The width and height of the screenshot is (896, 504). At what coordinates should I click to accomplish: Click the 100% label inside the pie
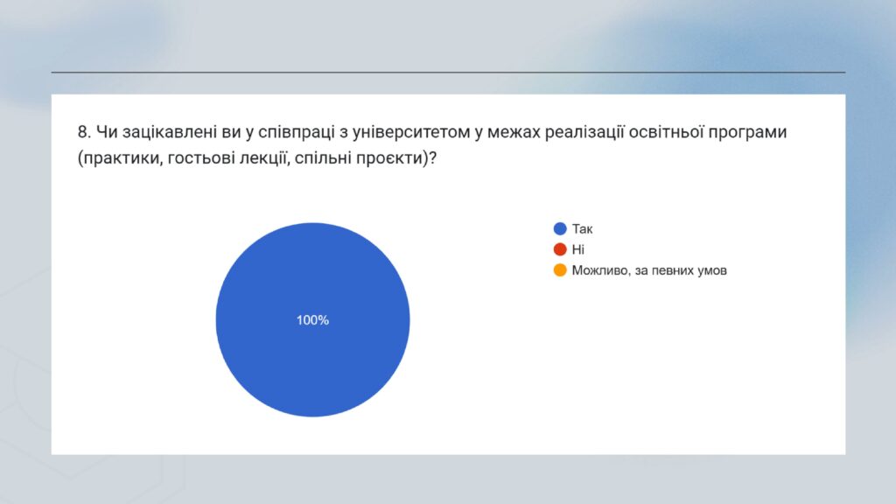click(x=312, y=320)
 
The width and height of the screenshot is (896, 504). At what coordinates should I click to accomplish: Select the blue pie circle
click(x=312, y=319)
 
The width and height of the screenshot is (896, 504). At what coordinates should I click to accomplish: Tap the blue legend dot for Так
click(x=560, y=228)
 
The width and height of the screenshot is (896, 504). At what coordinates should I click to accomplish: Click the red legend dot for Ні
click(x=560, y=249)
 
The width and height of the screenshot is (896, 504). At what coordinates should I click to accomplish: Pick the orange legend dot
click(x=560, y=270)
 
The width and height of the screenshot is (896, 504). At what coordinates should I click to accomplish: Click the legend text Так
click(x=582, y=229)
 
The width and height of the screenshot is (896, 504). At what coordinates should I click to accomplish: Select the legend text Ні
click(x=578, y=249)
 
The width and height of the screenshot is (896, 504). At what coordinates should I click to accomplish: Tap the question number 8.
click(x=84, y=132)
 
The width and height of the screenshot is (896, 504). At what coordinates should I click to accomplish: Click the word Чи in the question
click(x=107, y=132)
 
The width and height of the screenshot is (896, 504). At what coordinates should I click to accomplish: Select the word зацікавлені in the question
click(x=170, y=132)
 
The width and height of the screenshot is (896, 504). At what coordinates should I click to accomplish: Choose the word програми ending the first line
click(x=747, y=133)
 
